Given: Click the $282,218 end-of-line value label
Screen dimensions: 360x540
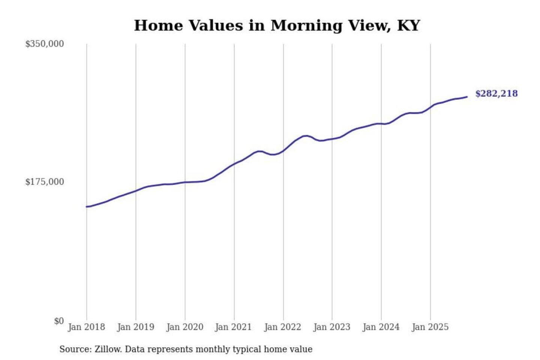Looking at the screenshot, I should tap(496, 93).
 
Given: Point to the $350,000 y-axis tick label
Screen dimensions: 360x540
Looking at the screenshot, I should tap(45, 44).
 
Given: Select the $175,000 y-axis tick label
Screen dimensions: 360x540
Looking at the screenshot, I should tap(45, 182).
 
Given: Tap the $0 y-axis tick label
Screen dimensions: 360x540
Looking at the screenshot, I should tap(59, 321).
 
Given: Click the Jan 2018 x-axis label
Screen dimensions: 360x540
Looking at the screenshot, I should tap(86, 327).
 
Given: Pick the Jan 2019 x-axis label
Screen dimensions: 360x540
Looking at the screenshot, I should tap(135, 327).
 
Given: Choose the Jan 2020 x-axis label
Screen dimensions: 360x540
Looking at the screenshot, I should tap(184, 327).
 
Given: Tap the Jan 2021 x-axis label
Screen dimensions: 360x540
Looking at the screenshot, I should tap(233, 327).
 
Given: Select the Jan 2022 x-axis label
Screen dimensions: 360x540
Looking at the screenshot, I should tap(282, 327).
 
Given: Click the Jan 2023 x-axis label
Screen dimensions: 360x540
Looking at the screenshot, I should tap(331, 327).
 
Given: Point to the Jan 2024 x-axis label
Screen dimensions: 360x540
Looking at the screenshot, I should tap(381, 327).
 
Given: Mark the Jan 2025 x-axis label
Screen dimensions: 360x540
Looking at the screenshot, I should tap(430, 327).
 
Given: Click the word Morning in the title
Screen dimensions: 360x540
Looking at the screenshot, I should tap(306, 25).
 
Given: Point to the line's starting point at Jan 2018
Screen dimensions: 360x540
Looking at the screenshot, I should tap(87, 207).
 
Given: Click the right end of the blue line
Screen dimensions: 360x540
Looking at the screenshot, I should tap(467, 97).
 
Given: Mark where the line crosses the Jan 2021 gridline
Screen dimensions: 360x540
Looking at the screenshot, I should tap(234, 164).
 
